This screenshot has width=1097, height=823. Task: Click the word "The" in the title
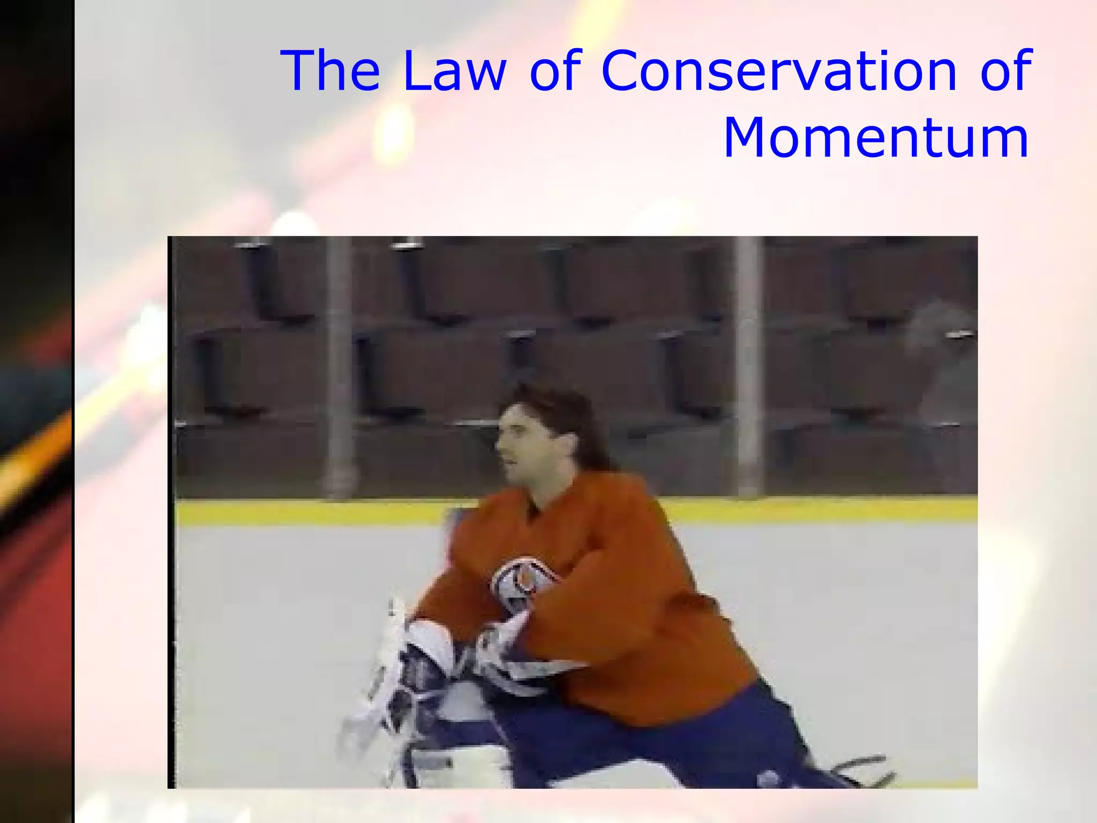tap(333, 71)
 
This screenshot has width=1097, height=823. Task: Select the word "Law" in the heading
tap(454, 71)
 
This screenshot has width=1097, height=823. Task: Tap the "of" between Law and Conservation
tap(555, 71)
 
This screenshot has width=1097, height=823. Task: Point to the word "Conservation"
tap(778, 71)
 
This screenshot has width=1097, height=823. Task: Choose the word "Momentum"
tap(876, 138)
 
